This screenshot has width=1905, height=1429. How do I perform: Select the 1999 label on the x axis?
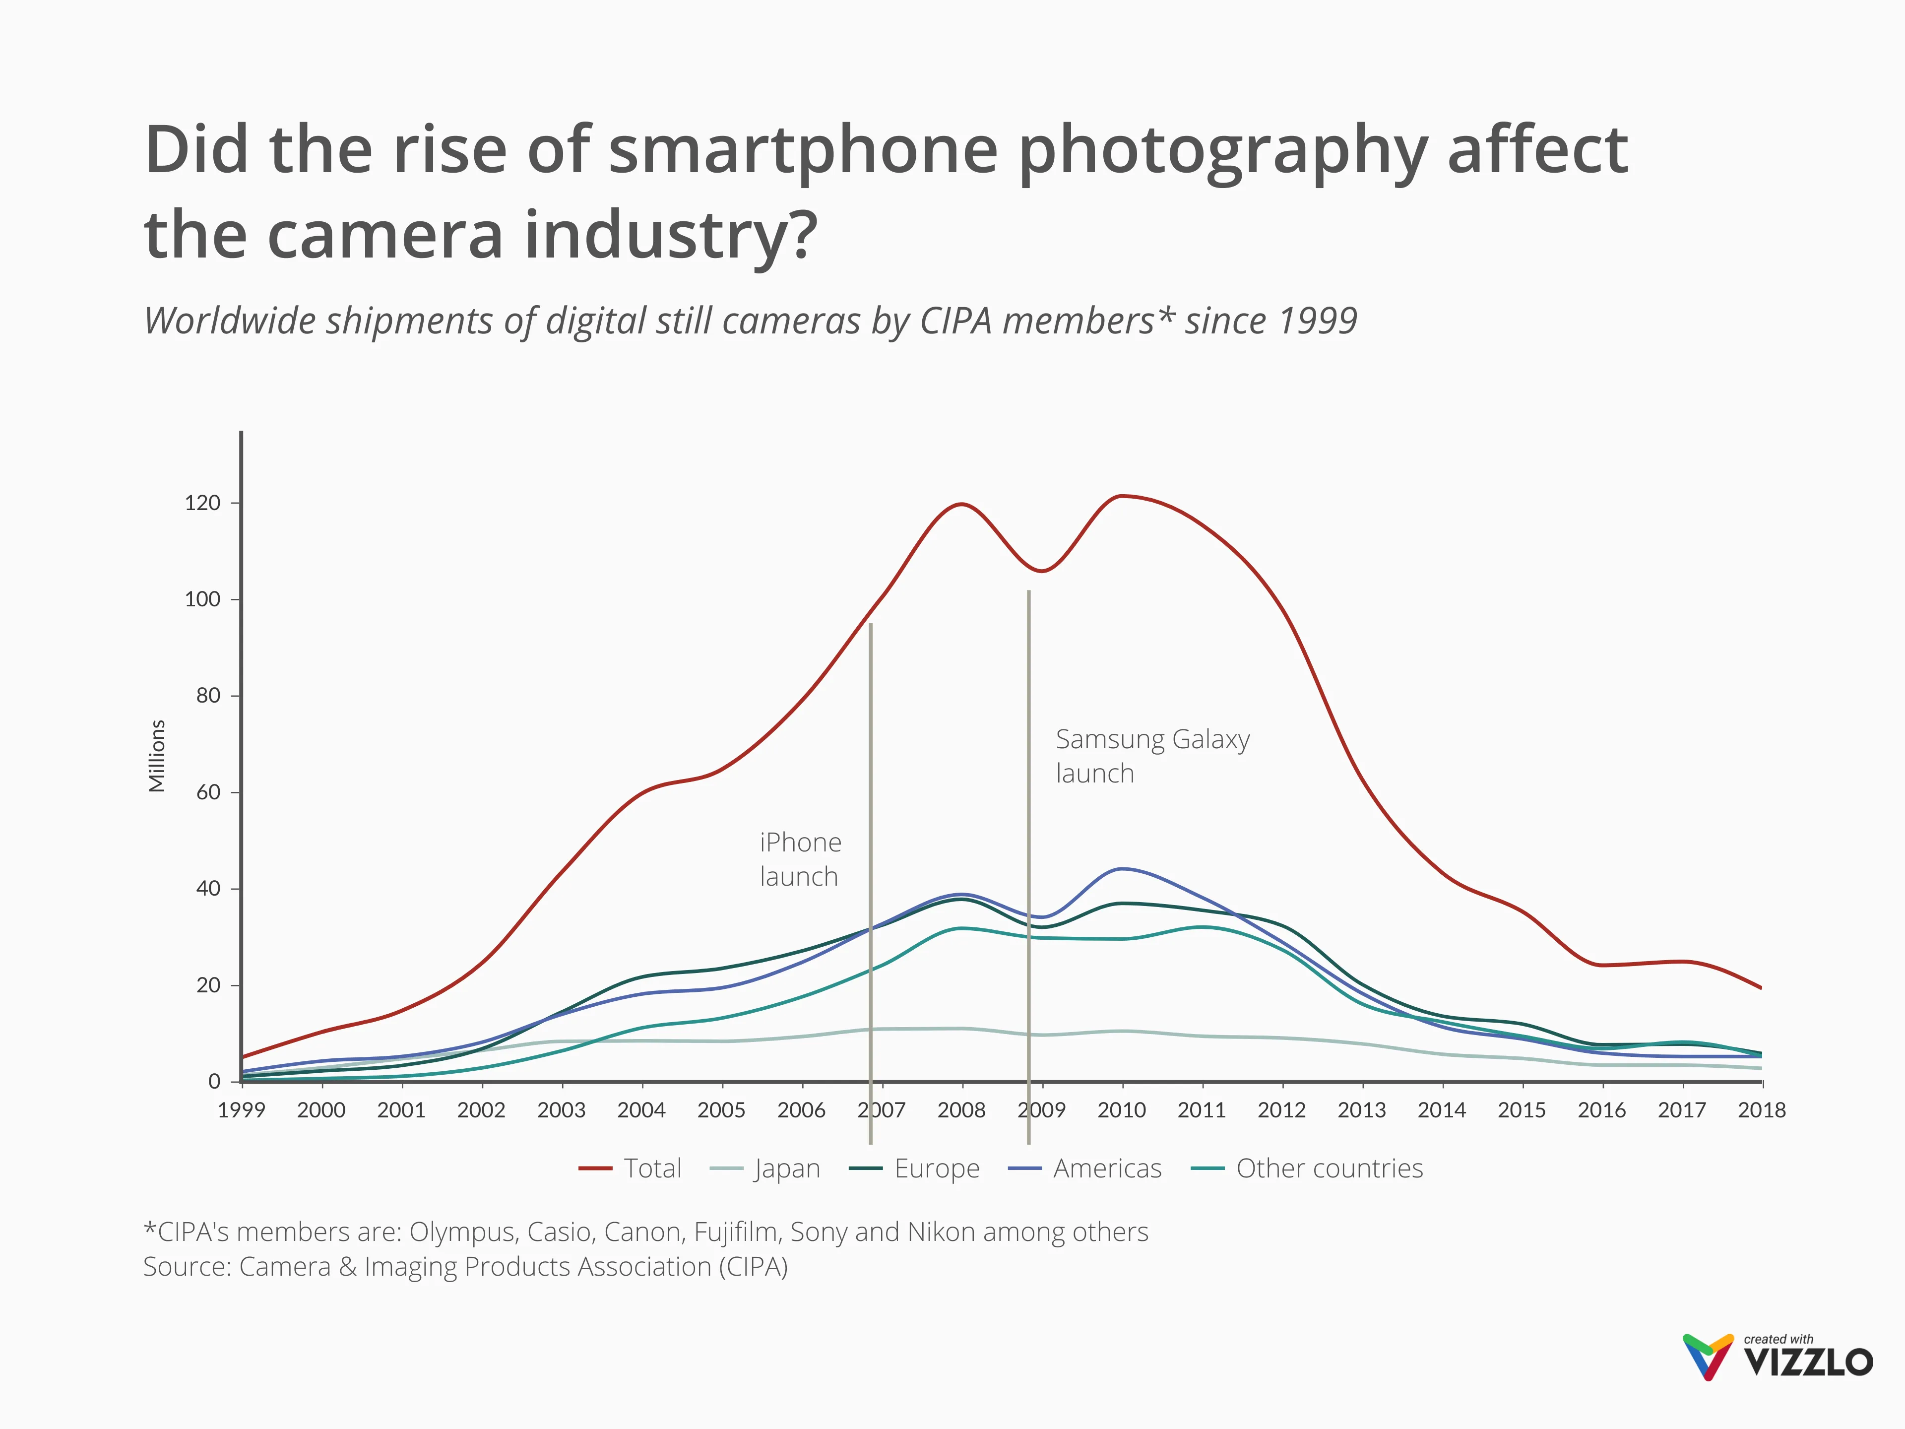pos(241,1110)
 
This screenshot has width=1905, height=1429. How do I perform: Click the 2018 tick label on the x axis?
pos(1761,1110)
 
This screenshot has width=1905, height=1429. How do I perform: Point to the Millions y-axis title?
pos(157,755)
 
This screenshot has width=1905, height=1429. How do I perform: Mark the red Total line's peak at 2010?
pos(1121,496)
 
